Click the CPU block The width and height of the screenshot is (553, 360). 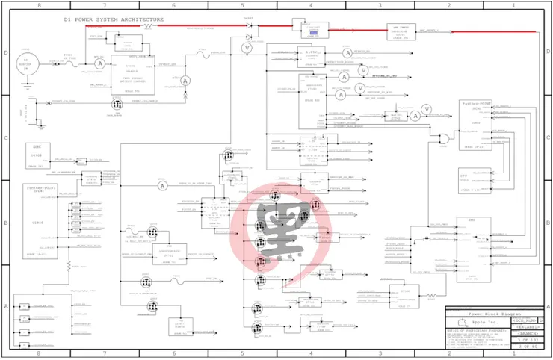(x=472, y=179)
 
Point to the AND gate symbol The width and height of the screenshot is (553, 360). (x=446, y=138)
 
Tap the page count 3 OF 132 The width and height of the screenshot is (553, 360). (x=525, y=340)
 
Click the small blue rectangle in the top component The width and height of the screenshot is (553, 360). (x=313, y=33)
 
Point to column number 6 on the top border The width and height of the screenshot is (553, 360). (x=173, y=5)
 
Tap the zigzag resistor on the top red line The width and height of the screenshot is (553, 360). (x=148, y=25)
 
